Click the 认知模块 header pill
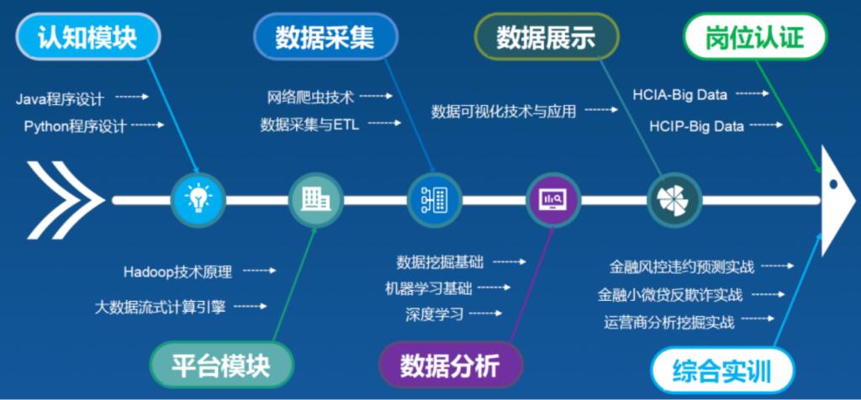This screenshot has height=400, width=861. [x=87, y=37]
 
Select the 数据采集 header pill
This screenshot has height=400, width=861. [x=325, y=37]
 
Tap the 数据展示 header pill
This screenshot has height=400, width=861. [x=547, y=37]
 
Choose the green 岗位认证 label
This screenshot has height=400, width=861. [x=755, y=37]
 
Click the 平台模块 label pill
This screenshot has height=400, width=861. [x=221, y=365]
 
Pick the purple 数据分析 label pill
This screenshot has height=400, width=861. [x=451, y=365]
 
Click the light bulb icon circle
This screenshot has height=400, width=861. [x=198, y=200]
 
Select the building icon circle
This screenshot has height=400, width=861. [x=316, y=200]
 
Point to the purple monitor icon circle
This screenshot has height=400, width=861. [x=552, y=200]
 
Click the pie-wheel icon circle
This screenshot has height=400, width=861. [x=675, y=200]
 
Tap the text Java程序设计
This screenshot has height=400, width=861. [x=60, y=99]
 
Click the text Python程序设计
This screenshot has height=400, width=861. [x=75, y=126]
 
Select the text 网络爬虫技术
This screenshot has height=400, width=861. [x=310, y=97]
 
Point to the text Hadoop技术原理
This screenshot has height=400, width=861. [x=178, y=271]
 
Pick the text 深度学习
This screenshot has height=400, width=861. [x=435, y=314]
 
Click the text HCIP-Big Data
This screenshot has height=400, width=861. [x=697, y=127]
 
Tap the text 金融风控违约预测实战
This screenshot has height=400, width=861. [x=681, y=267]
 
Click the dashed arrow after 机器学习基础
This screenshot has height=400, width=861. [x=494, y=287]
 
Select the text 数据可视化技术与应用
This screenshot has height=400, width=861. [x=504, y=112]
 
